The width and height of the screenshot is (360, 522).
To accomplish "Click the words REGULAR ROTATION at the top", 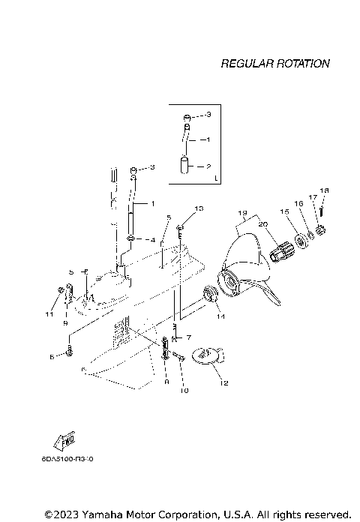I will (x=274, y=64).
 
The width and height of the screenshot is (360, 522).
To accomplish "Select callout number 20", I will (x=262, y=224).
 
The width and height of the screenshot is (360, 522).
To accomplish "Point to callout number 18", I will (x=324, y=190).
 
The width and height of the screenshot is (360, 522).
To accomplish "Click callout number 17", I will (x=313, y=197).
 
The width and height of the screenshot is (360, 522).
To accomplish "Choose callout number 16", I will (x=298, y=203).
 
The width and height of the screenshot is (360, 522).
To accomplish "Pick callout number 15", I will (x=284, y=212).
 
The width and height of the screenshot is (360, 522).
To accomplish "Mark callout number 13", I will (x=199, y=208).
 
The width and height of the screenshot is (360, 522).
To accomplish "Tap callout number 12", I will (x=223, y=382).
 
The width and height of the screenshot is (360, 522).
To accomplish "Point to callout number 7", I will (x=189, y=337).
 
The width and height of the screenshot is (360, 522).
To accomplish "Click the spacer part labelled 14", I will (x=209, y=295).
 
